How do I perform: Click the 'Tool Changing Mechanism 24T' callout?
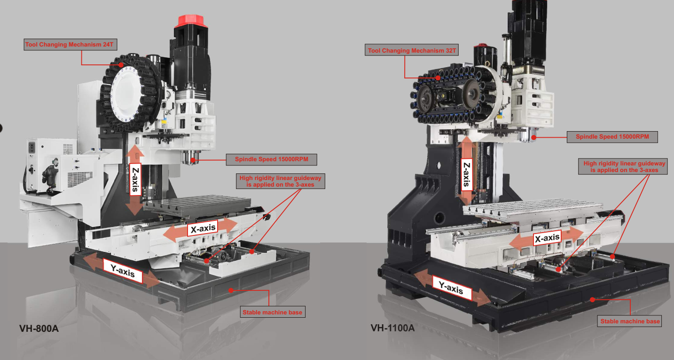tap(71, 45)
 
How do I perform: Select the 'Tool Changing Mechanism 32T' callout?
tap(412, 50)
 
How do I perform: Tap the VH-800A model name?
tap(39, 329)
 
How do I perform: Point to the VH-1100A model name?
tap(392, 328)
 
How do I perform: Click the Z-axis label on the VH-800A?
tap(136, 180)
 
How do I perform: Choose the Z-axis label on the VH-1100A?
tap(466, 174)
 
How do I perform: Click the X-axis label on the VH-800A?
tap(203, 228)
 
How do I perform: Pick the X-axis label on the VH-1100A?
tap(547, 238)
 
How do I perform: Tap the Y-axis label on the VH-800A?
tap(123, 271)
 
